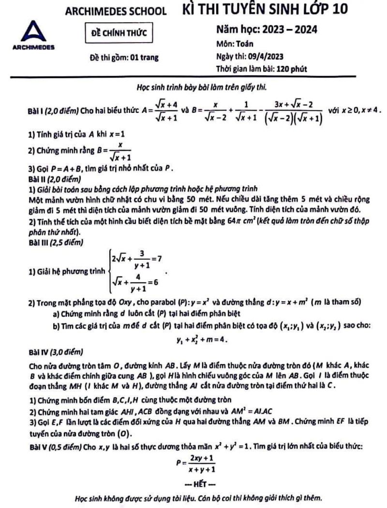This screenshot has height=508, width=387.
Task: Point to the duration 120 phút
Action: (289, 68)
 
